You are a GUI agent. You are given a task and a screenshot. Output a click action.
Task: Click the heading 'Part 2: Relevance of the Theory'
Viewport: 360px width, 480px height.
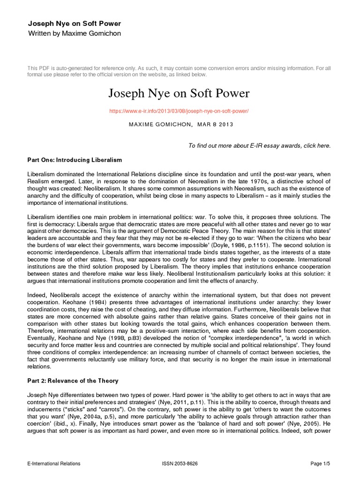click(x=73, y=380)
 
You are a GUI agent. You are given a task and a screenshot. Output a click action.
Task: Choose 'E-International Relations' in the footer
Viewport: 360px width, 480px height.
click(x=53, y=464)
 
